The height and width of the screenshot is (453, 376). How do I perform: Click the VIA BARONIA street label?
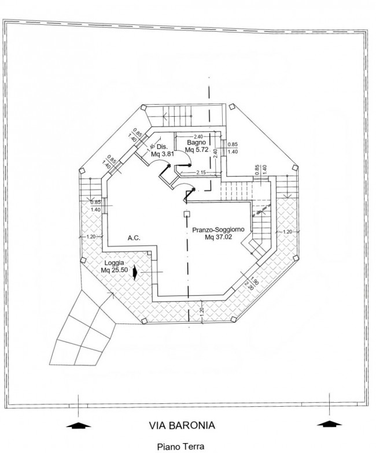[x=182, y=425]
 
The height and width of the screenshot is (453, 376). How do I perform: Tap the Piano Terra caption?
[x=180, y=446]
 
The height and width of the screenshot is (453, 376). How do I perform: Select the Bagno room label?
[x=197, y=142]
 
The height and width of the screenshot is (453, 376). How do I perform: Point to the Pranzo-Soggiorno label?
[x=219, y=230]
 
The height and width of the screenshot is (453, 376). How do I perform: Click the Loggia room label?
[x=115, y=263]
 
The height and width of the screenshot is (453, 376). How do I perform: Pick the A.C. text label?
[x=134, y=238]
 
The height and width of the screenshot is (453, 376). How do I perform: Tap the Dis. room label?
[x=161, y=146]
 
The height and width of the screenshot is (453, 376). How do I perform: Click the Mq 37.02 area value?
[x=219, y=237]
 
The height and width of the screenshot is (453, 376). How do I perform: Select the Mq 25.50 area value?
[x=115, y=270]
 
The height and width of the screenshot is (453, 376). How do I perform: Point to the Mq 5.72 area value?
[x=197, y=150]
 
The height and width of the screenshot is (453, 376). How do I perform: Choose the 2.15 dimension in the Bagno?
[x=201, y=172]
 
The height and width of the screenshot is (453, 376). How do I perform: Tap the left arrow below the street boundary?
[x=79, y=426]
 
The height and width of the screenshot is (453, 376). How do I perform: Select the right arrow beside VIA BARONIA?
[x=330, y=424]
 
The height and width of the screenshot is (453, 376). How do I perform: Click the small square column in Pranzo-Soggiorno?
[x=186, y=214]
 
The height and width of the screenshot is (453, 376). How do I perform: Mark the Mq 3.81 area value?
[x=163, y=154]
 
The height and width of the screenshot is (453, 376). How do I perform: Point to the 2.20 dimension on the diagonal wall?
[x=249, y=285]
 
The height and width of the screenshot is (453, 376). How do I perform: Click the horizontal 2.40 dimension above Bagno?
[x=198, y=136]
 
